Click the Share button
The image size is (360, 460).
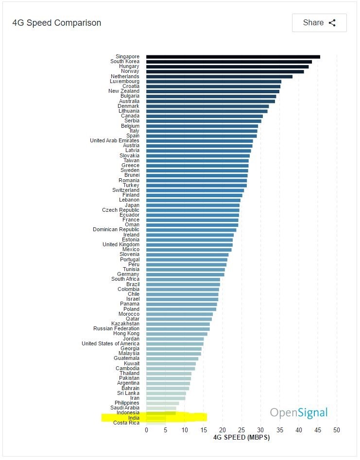(319, 23)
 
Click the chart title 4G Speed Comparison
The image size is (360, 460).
(57, 23)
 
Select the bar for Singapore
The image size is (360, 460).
(233, 57)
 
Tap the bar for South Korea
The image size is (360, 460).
(229, 62)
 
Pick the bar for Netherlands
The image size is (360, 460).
(219, 76)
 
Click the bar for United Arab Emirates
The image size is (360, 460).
(199, 141)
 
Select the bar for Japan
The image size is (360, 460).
(193, 205)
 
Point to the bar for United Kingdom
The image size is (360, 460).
(189, 244)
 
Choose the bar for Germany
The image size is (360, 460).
(185, 274)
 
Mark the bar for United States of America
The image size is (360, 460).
(175, 343)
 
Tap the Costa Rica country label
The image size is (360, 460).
(126, 423)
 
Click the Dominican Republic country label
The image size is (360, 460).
(116, 230)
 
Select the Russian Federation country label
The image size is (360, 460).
(116, 328)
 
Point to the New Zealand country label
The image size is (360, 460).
(123, 91)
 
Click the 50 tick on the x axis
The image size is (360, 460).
(336, 430)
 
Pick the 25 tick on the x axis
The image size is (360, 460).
(241, 430)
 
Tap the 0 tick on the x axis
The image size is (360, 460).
(146, 430)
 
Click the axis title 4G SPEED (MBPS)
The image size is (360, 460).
(241, 437)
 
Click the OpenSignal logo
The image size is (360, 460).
(299, 413)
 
